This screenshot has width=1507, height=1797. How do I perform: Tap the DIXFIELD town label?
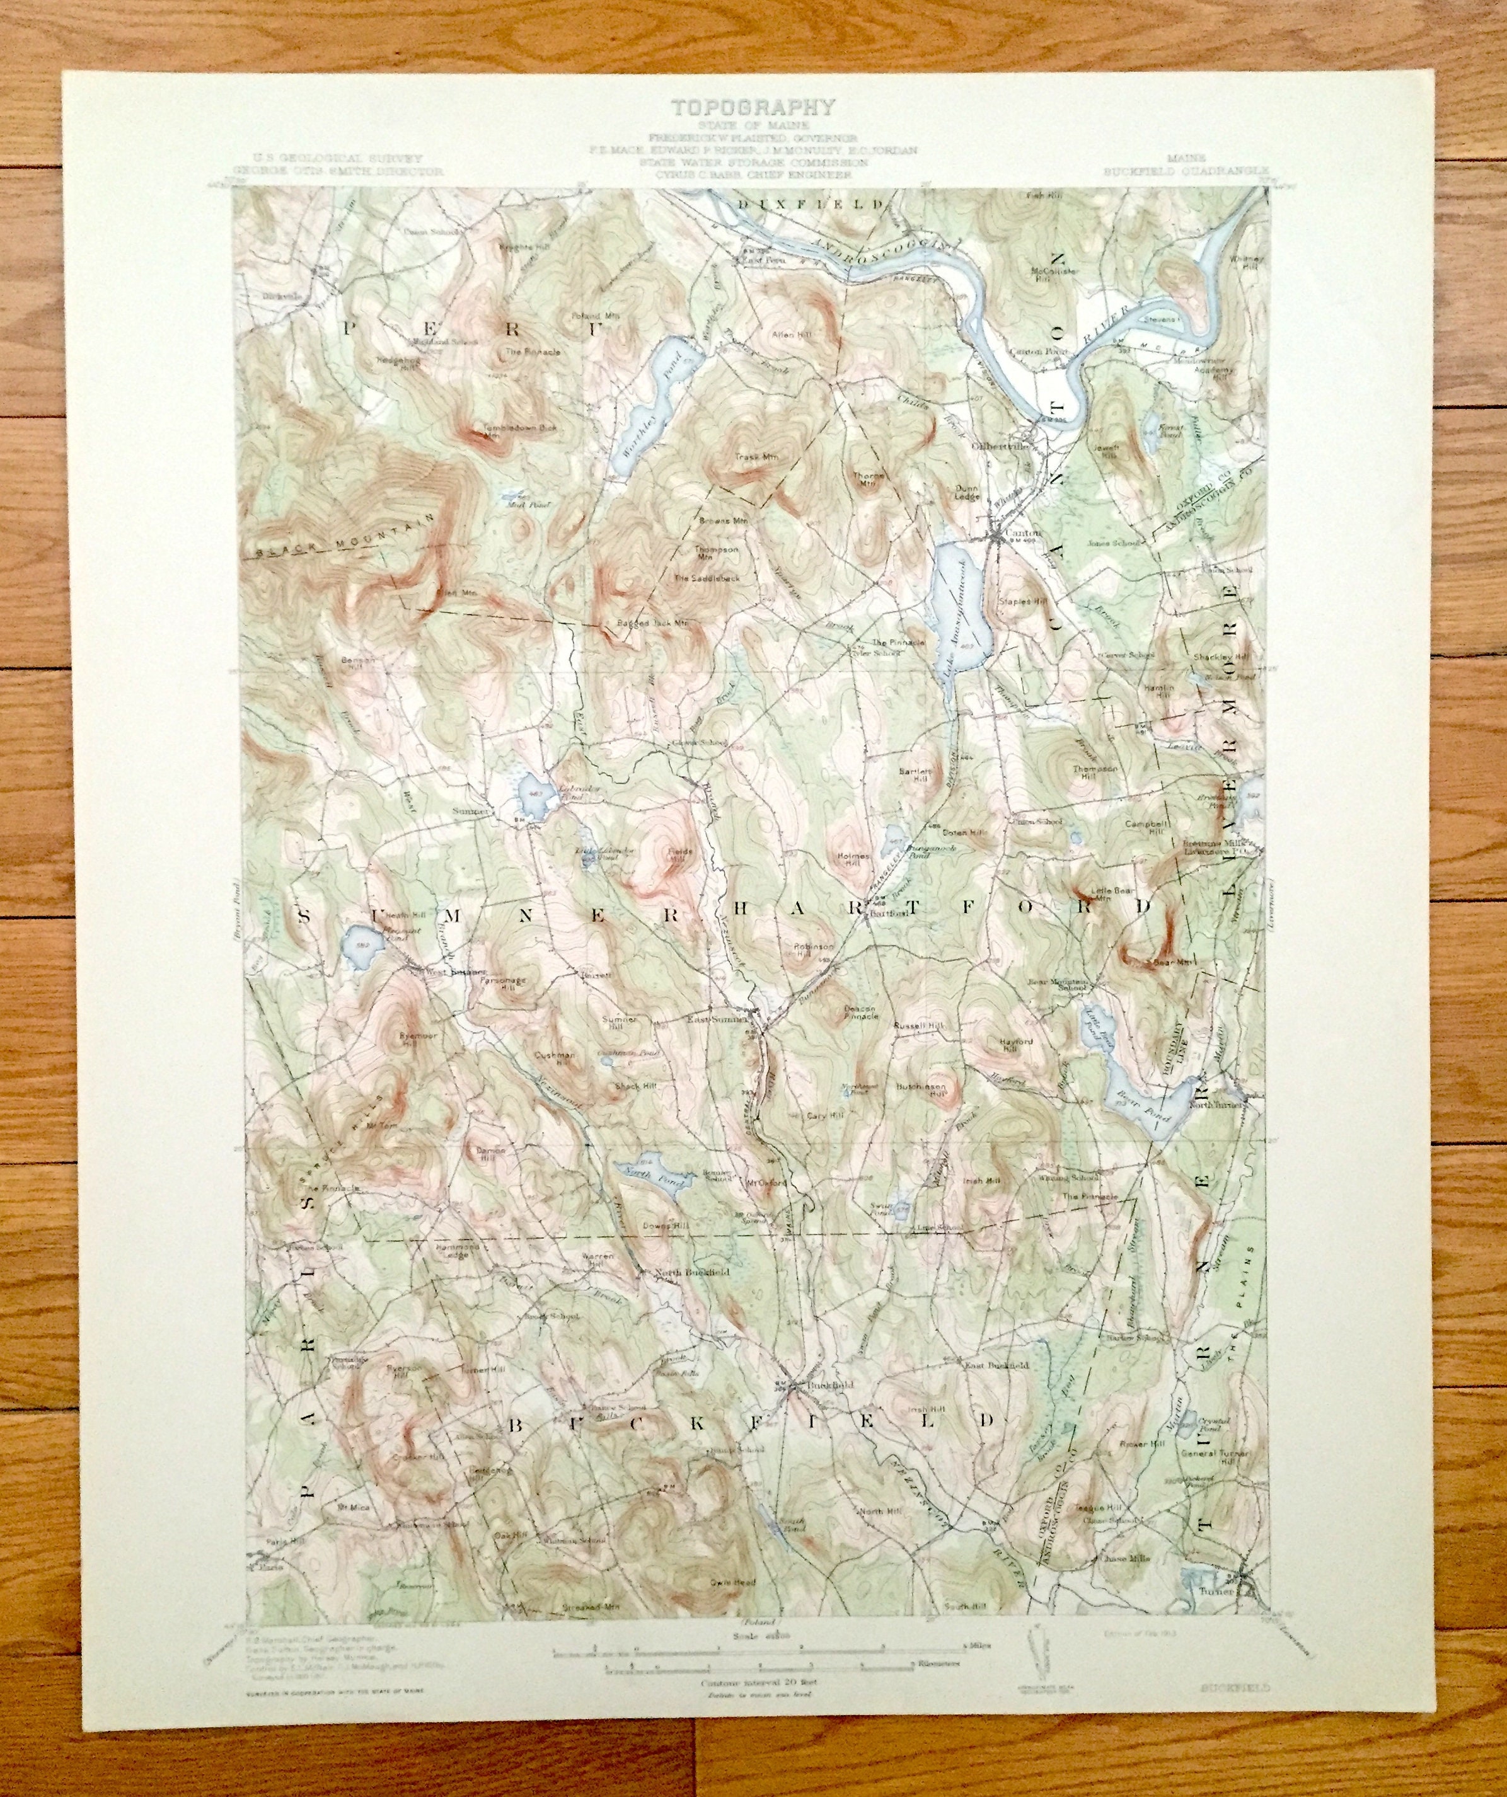(809, 203)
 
